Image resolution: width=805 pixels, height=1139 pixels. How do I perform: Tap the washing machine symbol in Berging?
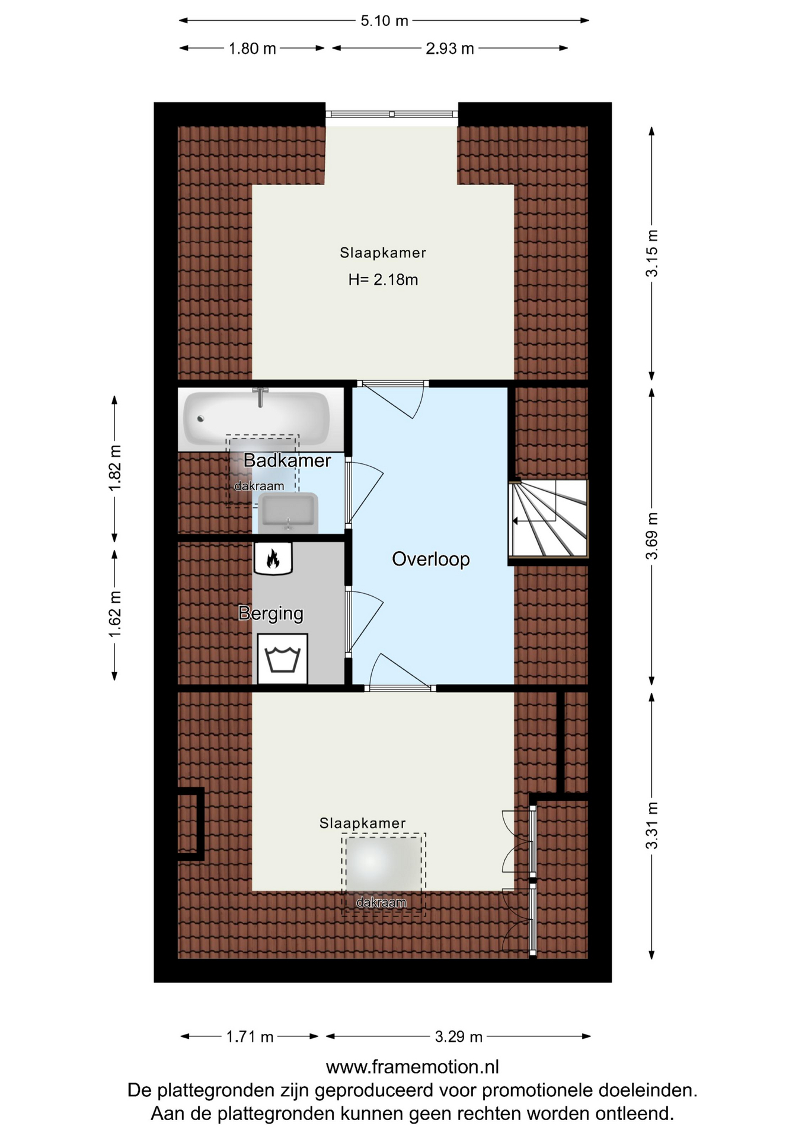[x=283, y=658]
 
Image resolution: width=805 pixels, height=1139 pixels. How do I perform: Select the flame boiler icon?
[x=273, y=558]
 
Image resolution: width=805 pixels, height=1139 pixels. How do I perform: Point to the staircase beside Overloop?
[x=548, y=518]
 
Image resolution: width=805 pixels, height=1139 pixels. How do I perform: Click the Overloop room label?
[x=431, y=559]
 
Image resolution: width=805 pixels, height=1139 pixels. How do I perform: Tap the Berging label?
[x=271, y=613]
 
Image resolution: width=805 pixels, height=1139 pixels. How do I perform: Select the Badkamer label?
[x=287, y=460]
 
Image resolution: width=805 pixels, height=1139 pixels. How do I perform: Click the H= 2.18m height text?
[x=383, y=279]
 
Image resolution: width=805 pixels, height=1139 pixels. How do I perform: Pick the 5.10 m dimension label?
[x=385, y=21]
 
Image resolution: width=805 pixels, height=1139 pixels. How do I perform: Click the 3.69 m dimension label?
[x=652, y=536]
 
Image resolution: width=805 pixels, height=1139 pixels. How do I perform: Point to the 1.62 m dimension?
[x=114, y=614]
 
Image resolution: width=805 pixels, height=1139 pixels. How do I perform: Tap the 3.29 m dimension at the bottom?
[x=459, y=1036]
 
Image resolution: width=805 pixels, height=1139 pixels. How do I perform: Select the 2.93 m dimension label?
[x=450, y=49]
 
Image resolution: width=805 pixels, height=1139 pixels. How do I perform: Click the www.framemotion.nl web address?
[x=413, y=1067]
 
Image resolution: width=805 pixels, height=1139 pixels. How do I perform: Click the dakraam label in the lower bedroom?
[x=381, y=903]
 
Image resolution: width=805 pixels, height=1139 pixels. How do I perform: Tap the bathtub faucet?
[x=260, y=397]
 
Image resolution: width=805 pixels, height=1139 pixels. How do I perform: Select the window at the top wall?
[x=392, y=114]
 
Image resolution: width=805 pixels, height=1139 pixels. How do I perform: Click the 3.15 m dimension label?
[x=652, y=253]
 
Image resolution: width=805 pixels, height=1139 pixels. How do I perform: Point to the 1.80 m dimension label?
[x=253, y=49]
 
